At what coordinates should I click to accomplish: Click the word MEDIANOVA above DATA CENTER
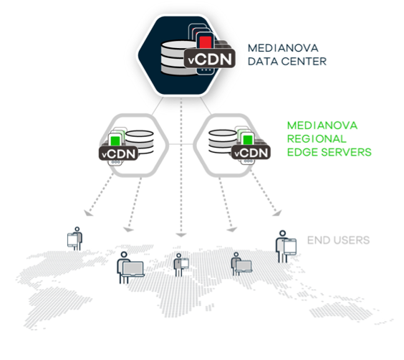tap(283, 48)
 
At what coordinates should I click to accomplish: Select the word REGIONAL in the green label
tap(317, 138)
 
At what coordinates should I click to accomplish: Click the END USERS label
tap(339, 240)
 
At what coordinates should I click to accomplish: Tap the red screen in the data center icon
tap(206, 42)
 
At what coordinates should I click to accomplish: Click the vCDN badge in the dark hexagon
tap(210, 59)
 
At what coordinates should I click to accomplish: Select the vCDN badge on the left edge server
tap(118, 153)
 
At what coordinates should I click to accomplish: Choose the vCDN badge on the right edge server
tap(251, 153)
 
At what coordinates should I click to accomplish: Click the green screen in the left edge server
tap(115, 141)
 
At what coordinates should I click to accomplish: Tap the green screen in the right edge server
tap(248, 140)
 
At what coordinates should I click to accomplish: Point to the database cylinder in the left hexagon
tap(140, 142)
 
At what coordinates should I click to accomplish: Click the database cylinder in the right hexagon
tap(223, 141)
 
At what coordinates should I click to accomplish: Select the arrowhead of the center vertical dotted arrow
tap(181, 235)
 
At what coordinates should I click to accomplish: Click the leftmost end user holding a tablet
tap(75, 239)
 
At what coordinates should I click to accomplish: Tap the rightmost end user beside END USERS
tap(286, 247)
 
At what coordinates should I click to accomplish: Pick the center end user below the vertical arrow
tap(181, 265)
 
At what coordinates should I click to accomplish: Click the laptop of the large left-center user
tap(133, 269)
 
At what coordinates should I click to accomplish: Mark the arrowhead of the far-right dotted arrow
tap(277, 213)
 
